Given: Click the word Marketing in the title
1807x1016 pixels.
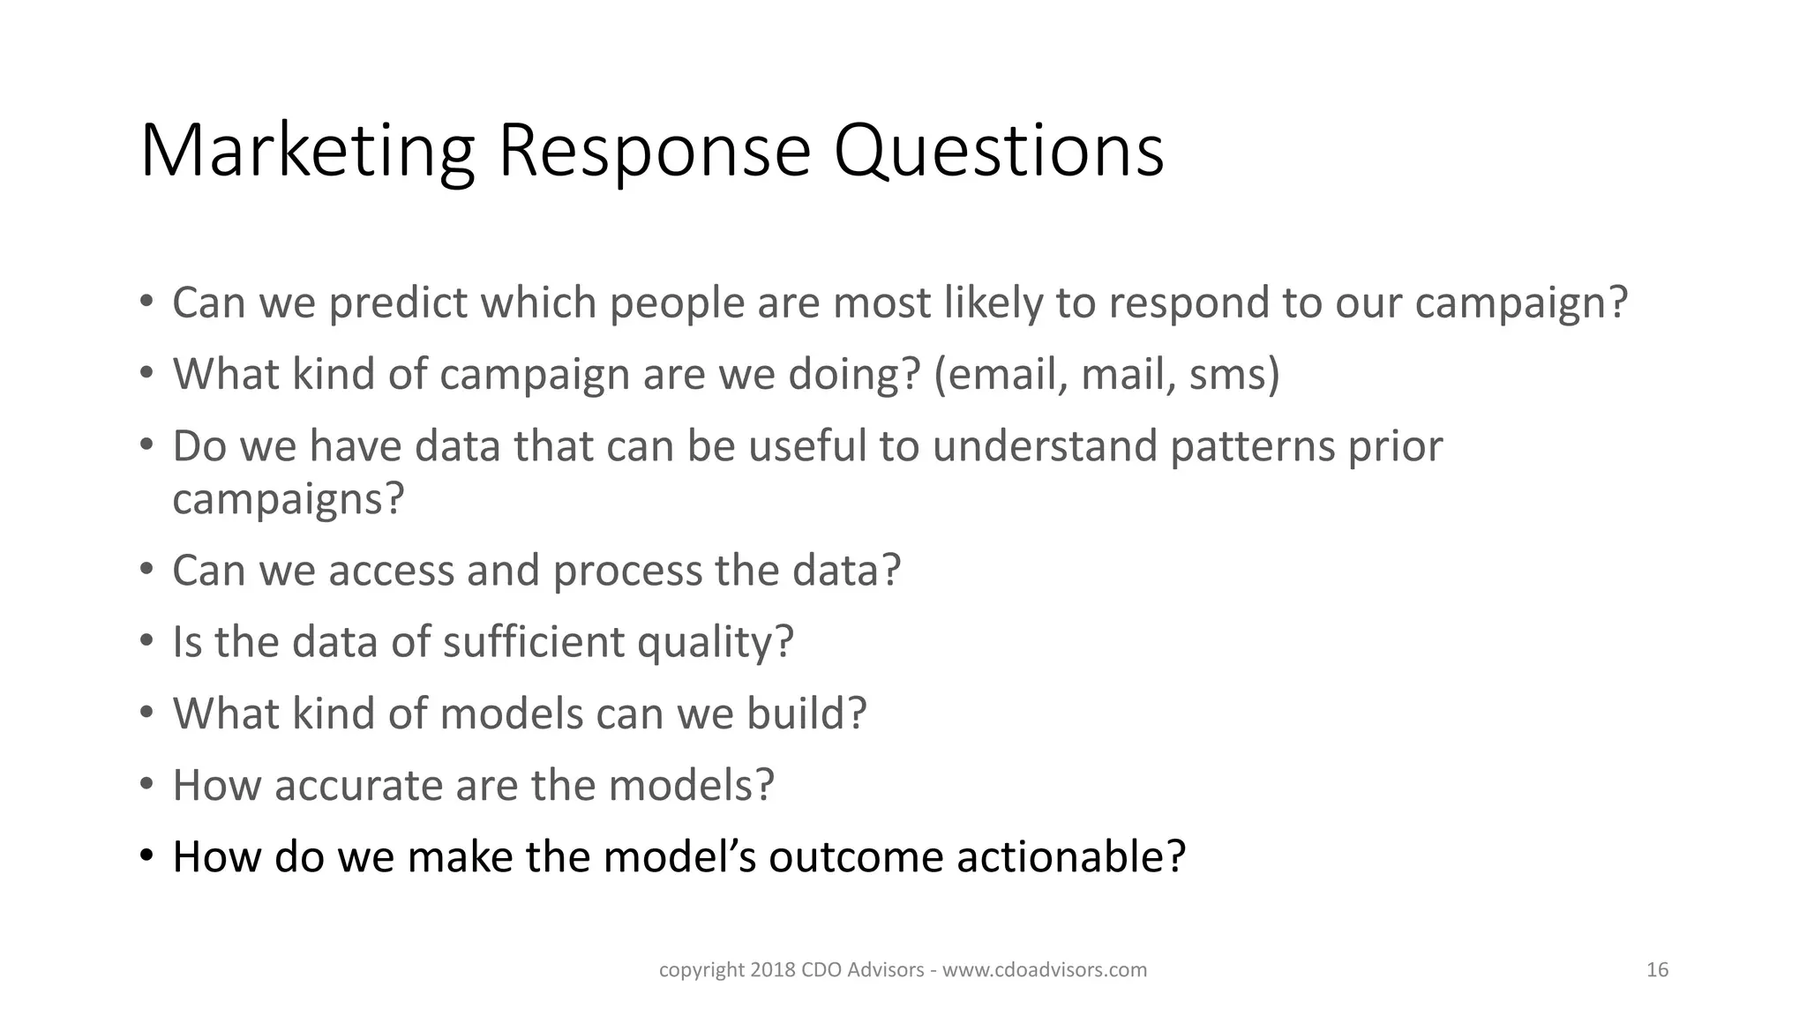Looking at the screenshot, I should tap(307, 152).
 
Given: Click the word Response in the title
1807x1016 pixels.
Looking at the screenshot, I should tap(653, 152).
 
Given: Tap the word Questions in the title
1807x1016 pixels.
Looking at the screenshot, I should tap(999, 152).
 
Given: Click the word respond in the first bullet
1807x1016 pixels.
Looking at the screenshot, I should tap(1188, 303).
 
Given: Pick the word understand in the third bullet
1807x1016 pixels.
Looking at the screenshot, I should tap(1044, 446).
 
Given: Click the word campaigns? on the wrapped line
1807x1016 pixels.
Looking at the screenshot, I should tap(288, 500).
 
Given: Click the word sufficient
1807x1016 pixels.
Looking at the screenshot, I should tap(533, 642).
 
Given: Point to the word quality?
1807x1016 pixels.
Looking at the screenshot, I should tap(715, 644).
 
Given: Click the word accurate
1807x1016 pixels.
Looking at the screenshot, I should tap(358, 786).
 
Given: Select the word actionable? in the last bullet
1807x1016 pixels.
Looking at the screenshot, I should tap(1071, 857).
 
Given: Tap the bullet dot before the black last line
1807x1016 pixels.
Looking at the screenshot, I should tap(146, 855).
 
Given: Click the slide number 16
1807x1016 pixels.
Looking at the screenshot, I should tap(1657, 970).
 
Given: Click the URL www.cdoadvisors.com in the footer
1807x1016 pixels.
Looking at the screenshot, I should tap(1045, 970).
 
